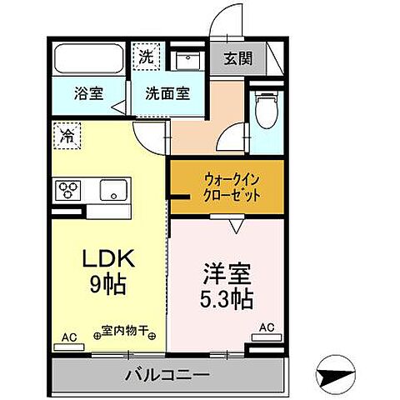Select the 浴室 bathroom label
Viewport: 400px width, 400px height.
click(90, 93)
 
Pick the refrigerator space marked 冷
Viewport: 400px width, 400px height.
click(67, 136)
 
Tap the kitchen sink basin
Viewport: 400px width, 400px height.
click(112, 191)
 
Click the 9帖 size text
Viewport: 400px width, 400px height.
click(108, 285)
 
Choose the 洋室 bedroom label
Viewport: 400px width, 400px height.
click(223, 272)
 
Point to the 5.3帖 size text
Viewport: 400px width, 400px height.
click(227, 296)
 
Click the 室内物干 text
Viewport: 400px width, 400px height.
click(124, 331)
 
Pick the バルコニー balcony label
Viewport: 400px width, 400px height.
click(167, 372)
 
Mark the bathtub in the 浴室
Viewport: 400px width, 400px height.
click(90, 61)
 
